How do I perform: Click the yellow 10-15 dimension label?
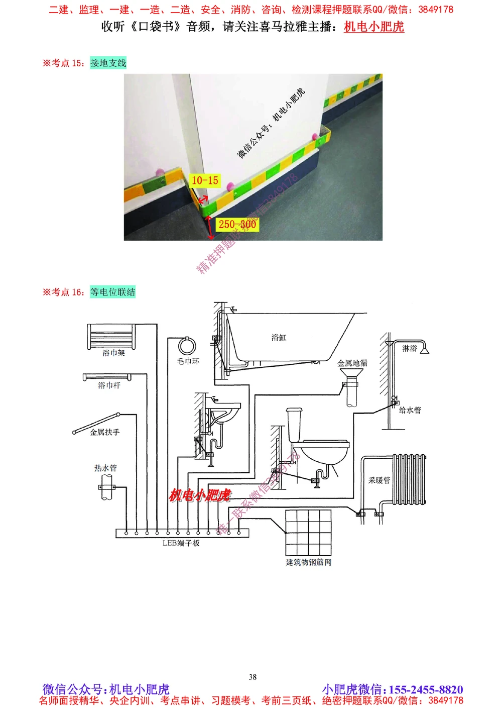coord(205,180)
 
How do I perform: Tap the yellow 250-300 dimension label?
coord(237,225)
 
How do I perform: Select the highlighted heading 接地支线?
coord(108,63)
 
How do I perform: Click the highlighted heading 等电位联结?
coord(113,292)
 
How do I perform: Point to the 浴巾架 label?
coord(113,353)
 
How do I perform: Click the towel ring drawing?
coord(187,346)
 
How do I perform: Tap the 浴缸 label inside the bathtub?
coord(279,338)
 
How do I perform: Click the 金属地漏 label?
coord(352,363)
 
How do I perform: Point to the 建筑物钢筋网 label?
coord(309,562)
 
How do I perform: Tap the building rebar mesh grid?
coord(308,533)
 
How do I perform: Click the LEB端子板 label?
coord(181,543)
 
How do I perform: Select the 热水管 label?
coord(105,468)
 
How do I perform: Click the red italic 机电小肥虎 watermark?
coord(200,495)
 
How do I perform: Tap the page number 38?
coord(253,677)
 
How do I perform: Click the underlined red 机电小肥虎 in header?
coord(374,27)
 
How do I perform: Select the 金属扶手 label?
coord(105,432)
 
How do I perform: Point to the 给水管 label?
coord(410,410)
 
